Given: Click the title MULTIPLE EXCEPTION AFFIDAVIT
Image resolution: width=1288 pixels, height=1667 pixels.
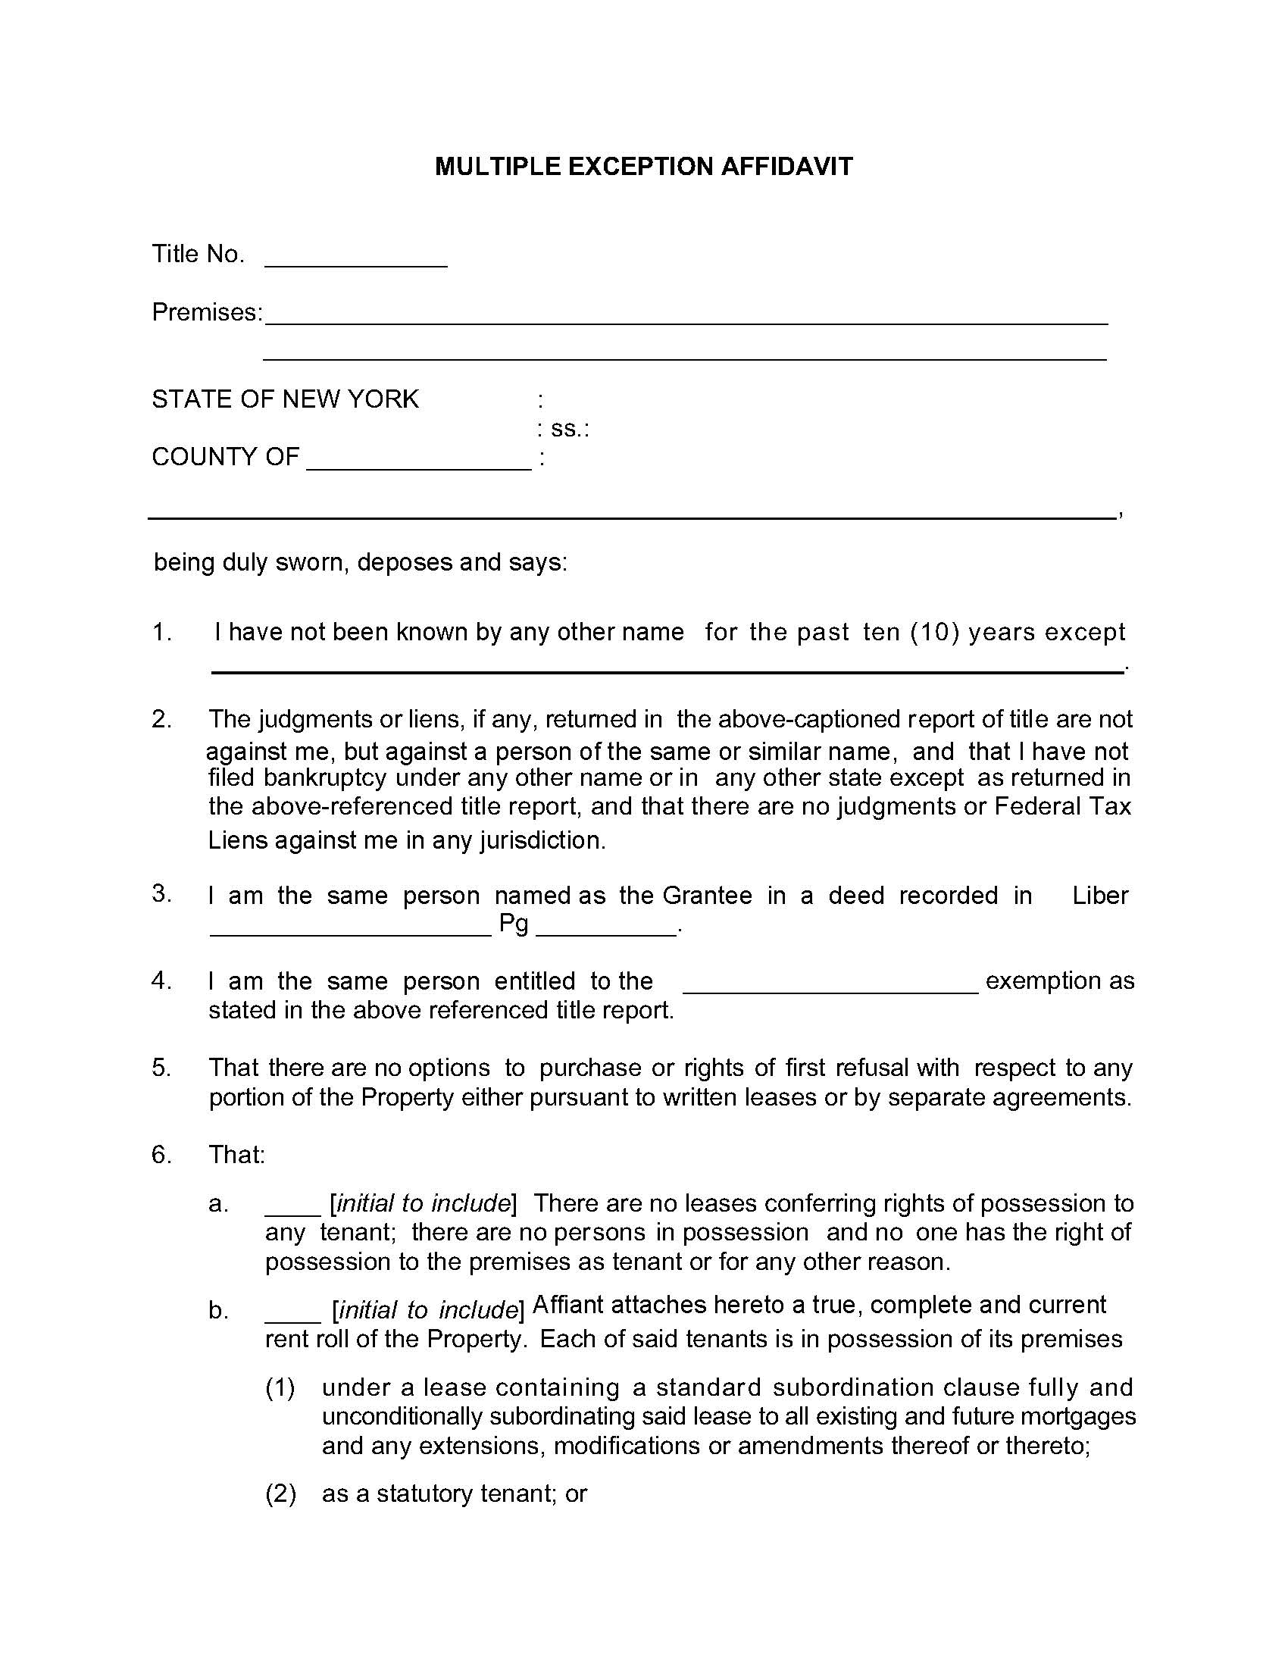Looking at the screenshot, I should [643, 167].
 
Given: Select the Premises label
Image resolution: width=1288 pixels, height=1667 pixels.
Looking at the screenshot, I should [207, 312].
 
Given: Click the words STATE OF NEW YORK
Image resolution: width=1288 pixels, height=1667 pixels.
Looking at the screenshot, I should [286, 399].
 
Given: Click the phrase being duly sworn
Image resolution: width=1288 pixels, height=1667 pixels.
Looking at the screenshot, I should [252, 562].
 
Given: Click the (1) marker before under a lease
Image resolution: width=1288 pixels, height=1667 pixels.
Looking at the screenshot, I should [280, 1387].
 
